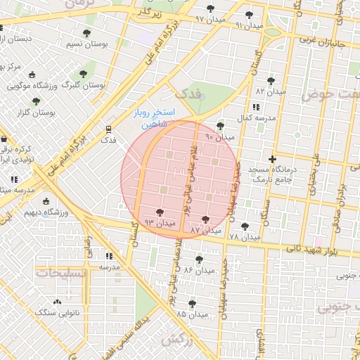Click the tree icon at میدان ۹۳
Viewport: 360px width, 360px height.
pos(159,212)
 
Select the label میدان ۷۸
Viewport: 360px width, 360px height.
pos(243,237)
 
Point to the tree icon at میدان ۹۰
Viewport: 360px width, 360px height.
pos(221,127)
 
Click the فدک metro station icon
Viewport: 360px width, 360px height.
pos(108,129)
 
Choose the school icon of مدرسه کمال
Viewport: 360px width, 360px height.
pos(255,107)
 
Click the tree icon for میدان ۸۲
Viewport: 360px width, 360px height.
pos(271,82)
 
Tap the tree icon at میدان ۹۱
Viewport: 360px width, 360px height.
pos(249,15)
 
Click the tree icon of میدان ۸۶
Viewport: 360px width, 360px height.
pos(199,259)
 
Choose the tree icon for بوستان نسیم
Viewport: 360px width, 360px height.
pos(86,34)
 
